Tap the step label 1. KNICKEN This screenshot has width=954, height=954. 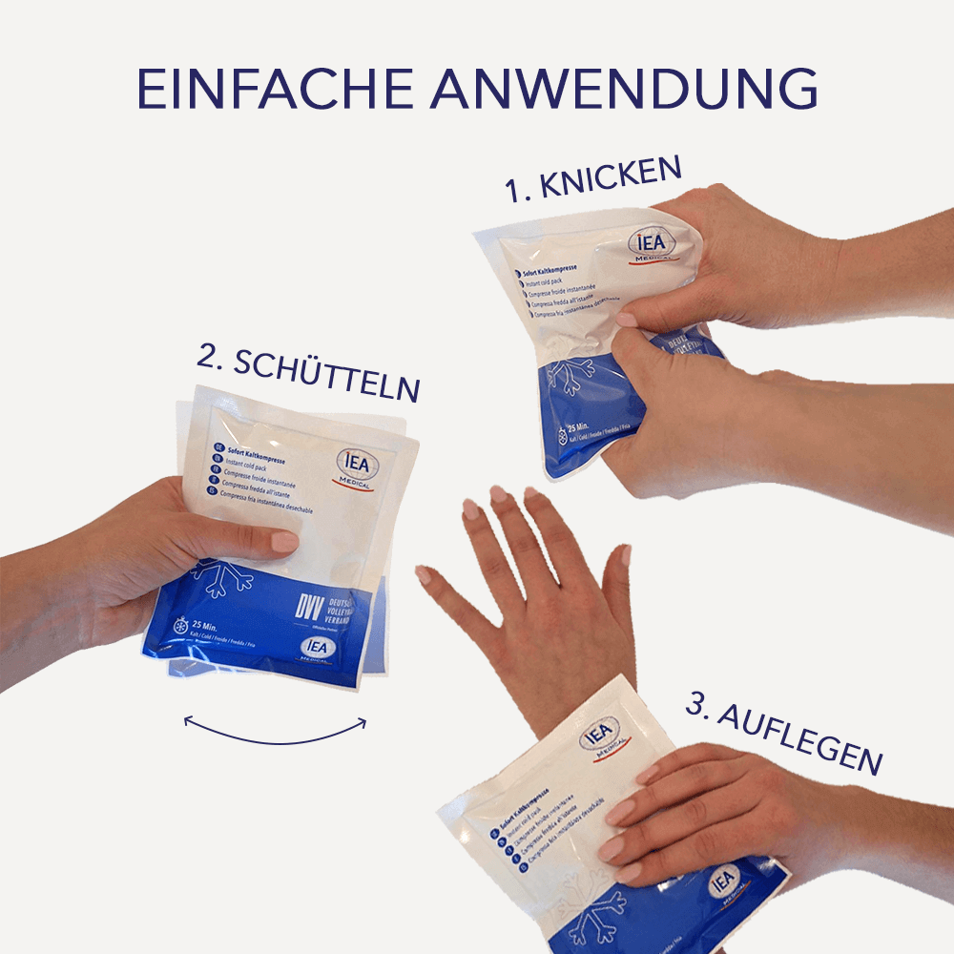pyautogui.click(x=593, y=179)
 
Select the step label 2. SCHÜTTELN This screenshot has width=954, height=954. pyautogui.click(x=308, y=373)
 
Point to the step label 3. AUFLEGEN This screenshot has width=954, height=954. pyautogui.click(x=783, y=734)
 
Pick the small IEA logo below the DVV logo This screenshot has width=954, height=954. pyautogui.click(x=317, y=648)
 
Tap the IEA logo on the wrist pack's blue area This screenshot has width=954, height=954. pyautogui.click(x=724, y=880)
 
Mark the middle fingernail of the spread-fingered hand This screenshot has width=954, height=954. pyautogui.click(x=499, y=494)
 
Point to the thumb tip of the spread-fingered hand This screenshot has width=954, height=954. pyautogui.click(x=424, y=574)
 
